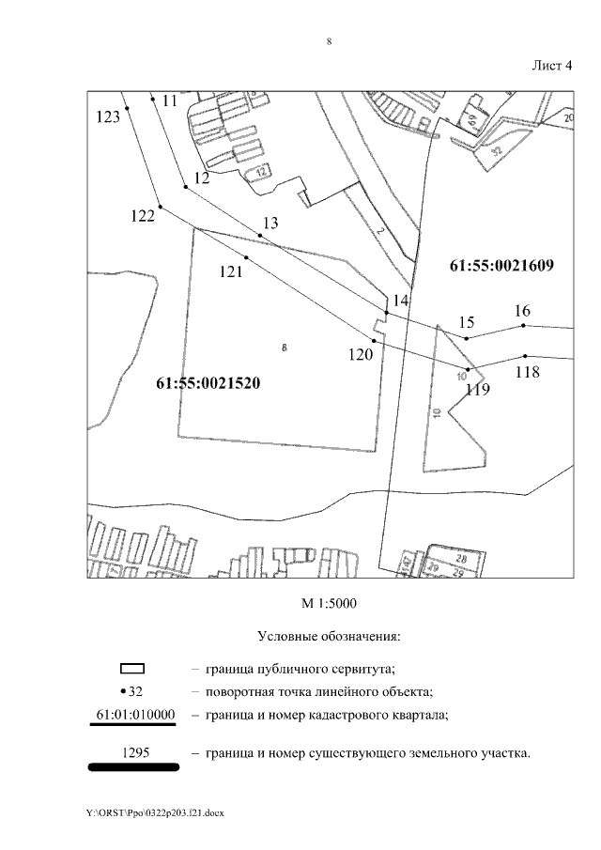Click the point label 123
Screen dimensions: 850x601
[x=109, y=117]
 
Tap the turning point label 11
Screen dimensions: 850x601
[x=170, y=100]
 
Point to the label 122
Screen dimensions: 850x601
[x=143, y=216]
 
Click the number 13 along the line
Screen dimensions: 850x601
[x=270, y=224]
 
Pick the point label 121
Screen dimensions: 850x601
[x=231, y=271]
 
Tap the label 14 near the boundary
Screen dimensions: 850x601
[x=401, y=301]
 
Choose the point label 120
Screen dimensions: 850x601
[x=361, y=354]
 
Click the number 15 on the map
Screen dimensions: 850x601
[x=466, y=323]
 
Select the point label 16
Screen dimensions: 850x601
[x=523, y=311]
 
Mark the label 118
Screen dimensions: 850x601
[x=528, y=372]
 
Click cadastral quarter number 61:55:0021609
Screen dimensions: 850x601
[x=501, y=266]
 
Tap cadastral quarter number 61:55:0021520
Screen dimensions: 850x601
[x=208, y=383]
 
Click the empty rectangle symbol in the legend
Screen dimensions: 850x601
[x=132, y=670]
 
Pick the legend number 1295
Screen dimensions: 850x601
[x=134, y=752]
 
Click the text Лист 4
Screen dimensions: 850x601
[x=552, y=65]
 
